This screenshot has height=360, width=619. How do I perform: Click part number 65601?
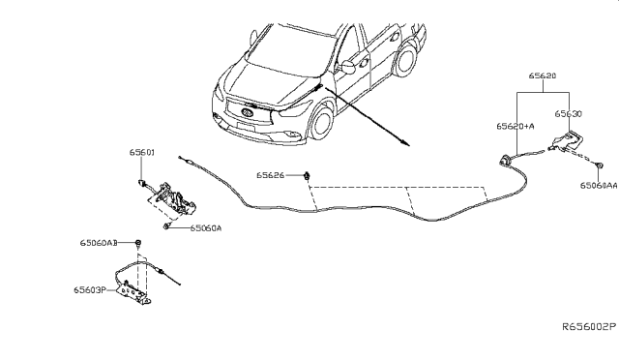142,152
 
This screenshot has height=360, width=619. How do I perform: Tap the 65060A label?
206,229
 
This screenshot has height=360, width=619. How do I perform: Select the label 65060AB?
100,242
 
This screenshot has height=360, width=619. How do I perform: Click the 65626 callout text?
271,176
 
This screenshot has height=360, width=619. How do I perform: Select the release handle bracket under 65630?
566,142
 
